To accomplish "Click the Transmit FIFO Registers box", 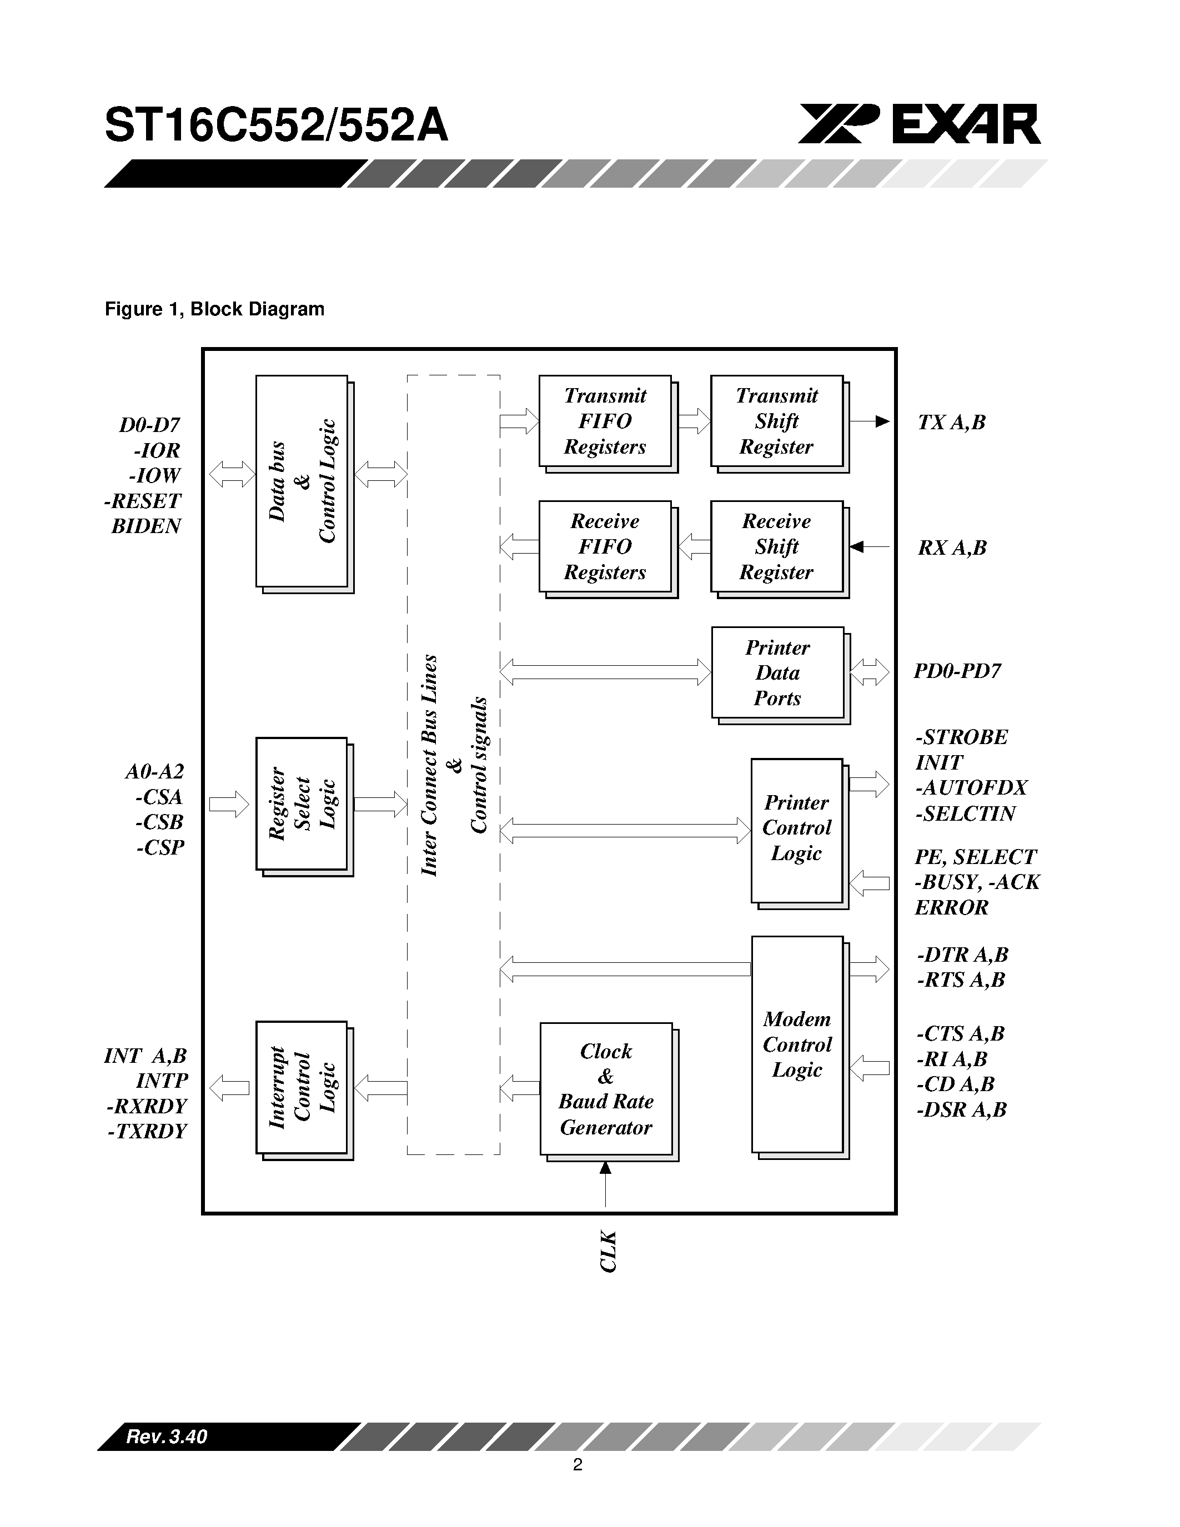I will point(605,421).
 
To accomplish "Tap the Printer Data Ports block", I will point(777,672).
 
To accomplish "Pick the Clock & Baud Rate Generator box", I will point(605,1089).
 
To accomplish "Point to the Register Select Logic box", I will point(302,803).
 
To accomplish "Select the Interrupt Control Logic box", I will point(302,1087).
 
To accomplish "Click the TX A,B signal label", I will point(951,423).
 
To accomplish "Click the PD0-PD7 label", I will point(957,671).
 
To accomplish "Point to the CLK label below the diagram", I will point(608,1252).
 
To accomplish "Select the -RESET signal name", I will point(143,501).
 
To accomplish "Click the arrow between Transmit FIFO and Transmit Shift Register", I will point(694,421).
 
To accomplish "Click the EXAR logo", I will point(919,124).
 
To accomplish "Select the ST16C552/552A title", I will point(276,126).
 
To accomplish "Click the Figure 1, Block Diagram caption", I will point(214,309).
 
